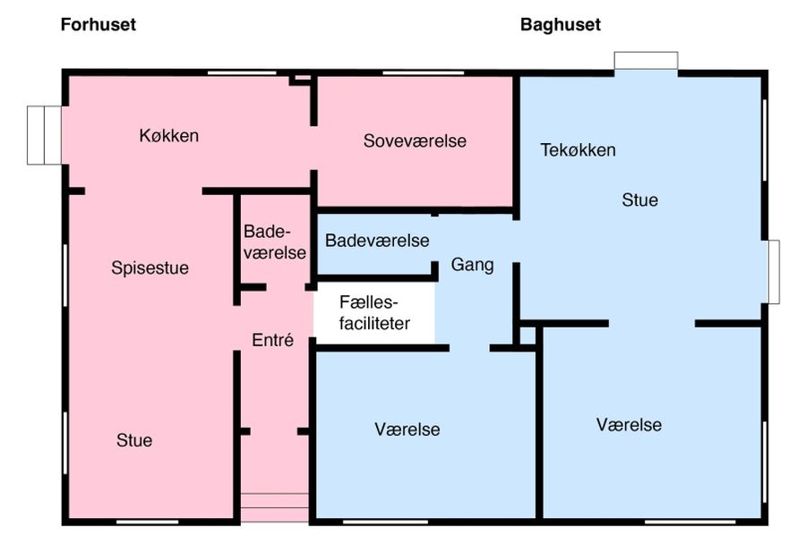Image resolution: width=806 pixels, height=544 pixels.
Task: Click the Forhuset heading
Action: [99, 25]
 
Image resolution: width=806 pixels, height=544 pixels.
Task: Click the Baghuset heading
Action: [561, 25]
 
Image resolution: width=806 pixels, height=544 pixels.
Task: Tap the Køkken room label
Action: [168, 136]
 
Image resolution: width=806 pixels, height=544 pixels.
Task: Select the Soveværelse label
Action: [415, 140]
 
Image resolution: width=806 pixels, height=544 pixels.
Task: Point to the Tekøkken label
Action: [578, 149]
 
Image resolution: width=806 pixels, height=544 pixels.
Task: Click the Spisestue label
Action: [150, 268]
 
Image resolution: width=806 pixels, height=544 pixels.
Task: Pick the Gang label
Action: [472, 265]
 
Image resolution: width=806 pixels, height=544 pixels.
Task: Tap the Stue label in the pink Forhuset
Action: [134, 440]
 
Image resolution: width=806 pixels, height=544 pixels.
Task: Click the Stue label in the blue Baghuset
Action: [639, 200]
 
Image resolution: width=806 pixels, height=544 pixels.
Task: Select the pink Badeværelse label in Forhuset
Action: [274, 242]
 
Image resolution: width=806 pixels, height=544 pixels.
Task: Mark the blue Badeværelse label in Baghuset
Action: [377, 241]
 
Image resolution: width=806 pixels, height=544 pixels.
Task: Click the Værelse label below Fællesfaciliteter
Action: [407, 429]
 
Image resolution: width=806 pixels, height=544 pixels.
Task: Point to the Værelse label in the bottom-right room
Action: [629, 424]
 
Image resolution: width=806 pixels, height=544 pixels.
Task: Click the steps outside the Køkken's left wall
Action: [43, 135]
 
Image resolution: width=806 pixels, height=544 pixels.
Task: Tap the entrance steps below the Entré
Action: [274, 507]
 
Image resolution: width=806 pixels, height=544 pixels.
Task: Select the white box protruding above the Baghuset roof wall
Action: [646, 61]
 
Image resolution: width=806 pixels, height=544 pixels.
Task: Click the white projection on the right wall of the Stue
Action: [774, 271]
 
